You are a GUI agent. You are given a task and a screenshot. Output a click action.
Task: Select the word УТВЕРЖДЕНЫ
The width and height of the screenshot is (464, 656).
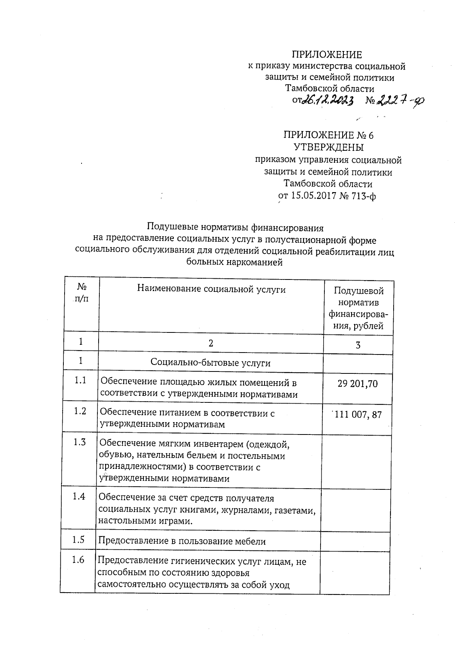(x=328, y=147)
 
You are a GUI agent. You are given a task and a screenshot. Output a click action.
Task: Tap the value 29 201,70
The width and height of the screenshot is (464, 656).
(x=357, y=384)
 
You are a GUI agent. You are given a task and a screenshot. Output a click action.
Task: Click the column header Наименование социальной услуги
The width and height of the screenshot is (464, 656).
(x=211, y=289)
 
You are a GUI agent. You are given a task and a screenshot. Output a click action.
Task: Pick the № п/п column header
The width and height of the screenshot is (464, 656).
(x=82, y=293)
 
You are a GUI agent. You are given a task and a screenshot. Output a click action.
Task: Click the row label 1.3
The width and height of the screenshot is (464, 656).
(x=80, y=442)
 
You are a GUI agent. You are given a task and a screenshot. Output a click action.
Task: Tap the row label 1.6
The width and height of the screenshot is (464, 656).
(x=78, y=559)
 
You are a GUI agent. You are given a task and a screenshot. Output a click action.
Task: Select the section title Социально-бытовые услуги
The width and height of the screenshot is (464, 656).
(x=210, y=363)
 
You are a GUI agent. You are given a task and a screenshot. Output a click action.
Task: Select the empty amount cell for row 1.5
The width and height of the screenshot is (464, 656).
(x=355, y=540)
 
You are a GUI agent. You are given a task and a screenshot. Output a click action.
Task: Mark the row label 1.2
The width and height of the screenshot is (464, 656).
(x=80, y=411)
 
